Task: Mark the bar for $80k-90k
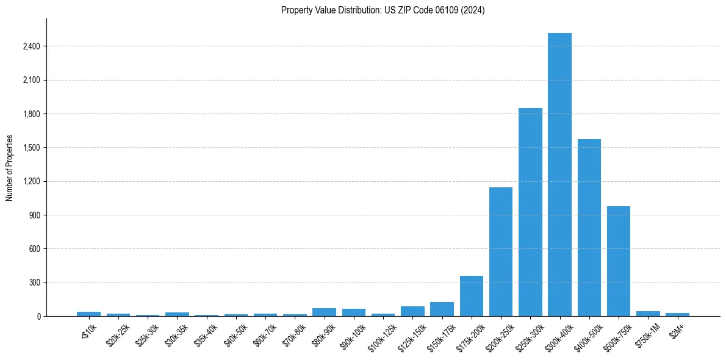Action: click(x=324, y=312)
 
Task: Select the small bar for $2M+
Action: click(x=677, y=314)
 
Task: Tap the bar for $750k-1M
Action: click(x=648, y=314)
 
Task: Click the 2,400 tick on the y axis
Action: click(x=31, y=46)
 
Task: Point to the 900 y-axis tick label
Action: click(x=34, y=215)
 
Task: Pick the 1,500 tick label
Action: click(x=31, y=148)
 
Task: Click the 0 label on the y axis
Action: click(x=38, y=316)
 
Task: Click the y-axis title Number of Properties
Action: click(x=10, y=168)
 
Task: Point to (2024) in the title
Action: click(x=473, y=10)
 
